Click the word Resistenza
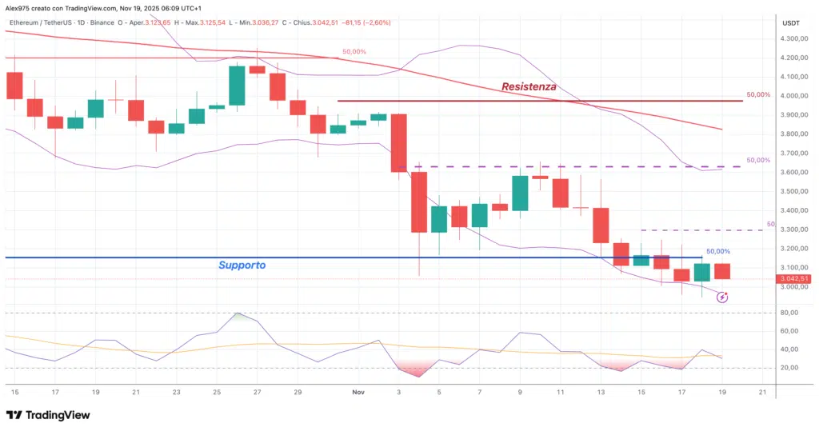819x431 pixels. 529,86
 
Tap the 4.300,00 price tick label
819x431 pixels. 795,38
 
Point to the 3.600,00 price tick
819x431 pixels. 795,172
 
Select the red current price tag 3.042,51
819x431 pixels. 795,278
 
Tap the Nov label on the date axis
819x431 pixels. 359,392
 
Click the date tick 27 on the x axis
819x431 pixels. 257,392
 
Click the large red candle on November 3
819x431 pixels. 398,142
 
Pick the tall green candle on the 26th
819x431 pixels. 237,85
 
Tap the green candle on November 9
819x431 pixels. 520,194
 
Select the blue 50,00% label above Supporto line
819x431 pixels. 718,251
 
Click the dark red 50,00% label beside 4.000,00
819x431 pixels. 758,94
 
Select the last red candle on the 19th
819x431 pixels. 722,271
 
